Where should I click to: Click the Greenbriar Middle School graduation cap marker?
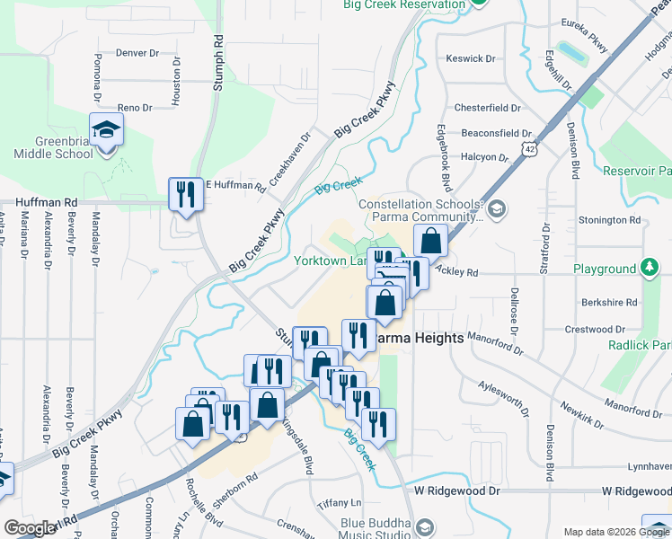[106, 130]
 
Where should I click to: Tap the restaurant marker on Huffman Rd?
[186, 194]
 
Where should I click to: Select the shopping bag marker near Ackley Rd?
[431, 241]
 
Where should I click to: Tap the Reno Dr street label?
[135, 107]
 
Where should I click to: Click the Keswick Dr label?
[471, 58]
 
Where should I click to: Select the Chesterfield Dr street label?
[488, 108]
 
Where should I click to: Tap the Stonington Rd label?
[609, 219]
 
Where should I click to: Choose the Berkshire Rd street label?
[607, 303]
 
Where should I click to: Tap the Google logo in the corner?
[31, 528]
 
